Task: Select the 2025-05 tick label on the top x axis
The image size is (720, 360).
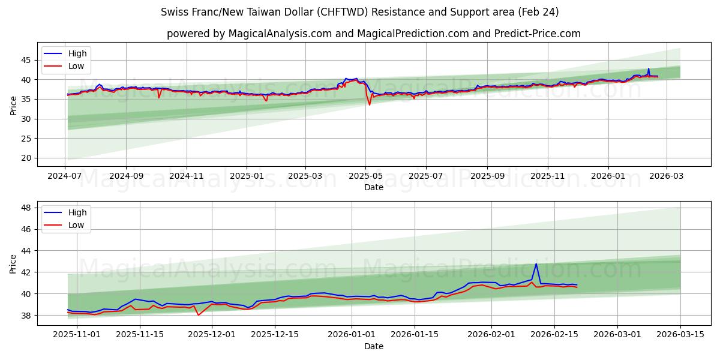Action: [365, 177]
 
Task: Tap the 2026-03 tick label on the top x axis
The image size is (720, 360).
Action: [666, 177]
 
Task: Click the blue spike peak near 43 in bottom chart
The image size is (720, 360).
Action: [536, 264]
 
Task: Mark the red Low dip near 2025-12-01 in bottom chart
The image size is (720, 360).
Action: [199, 315]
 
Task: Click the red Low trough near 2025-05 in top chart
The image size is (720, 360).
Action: [370, 104]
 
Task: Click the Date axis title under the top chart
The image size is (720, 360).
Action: [373, 187]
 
